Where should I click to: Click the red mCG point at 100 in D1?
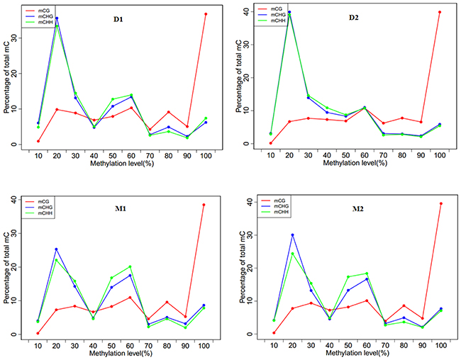pyautogui.click(x=206, y=14)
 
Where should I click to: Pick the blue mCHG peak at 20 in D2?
pyautogui.click(x=289, y=12)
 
